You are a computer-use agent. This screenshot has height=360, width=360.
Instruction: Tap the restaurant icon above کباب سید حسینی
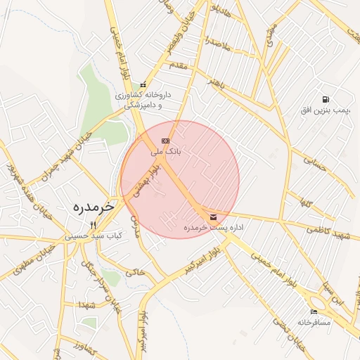pos(92,225)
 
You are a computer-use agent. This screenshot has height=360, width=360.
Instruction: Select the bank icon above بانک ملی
pos(166,141)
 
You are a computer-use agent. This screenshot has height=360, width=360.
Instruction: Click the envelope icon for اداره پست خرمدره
pos(213,217)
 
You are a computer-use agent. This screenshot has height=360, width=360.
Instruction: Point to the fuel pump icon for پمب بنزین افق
pos(325,100)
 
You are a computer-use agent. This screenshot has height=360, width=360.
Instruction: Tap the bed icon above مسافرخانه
pos(314,311)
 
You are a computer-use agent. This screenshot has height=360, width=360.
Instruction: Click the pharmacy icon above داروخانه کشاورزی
pos(143,84)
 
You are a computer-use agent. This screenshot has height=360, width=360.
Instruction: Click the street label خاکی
pos(135,268)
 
